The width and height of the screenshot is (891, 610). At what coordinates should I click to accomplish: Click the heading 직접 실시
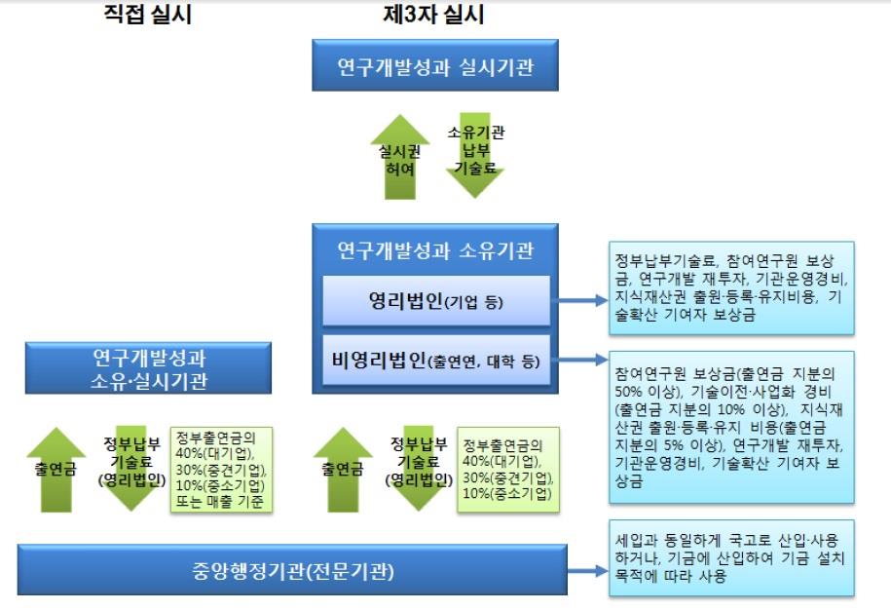(147, 15)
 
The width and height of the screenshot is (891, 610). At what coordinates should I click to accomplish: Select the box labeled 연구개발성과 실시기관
(434, 65)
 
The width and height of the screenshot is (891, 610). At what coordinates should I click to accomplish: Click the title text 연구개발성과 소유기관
(434, 250)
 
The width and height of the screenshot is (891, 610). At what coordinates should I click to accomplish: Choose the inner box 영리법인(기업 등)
(435, 301)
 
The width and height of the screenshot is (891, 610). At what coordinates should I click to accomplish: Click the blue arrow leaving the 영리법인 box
(579, 300)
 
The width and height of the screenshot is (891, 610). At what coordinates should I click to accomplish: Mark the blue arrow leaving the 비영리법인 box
(579, 360)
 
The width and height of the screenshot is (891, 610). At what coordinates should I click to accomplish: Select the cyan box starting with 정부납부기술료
(730, 288)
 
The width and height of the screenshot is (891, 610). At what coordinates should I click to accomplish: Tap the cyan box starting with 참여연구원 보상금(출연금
(730, 427)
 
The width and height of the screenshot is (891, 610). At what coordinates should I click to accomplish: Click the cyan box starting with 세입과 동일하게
(730, 558)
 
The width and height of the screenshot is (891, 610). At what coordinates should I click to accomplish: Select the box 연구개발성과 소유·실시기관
(148, 367)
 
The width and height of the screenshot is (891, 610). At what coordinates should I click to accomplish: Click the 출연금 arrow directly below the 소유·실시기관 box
(56, 469)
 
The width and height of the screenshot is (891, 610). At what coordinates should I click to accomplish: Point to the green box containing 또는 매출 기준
(222, 469)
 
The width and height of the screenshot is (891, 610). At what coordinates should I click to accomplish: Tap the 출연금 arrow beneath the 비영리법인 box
(343, 469)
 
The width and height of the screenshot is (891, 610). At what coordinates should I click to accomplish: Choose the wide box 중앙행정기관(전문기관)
(292, 569)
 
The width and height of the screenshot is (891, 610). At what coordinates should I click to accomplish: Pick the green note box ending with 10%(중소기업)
(509, 469)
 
